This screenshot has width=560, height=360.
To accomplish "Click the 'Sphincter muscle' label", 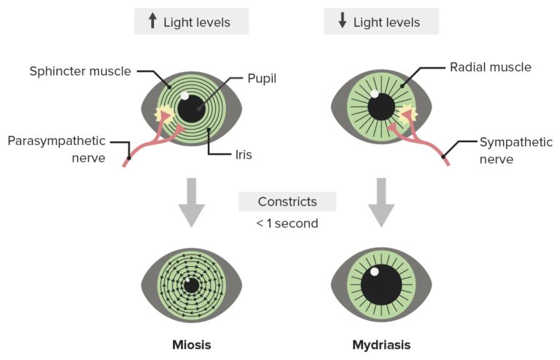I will (80, 71).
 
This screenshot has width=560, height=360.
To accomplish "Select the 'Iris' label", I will (244, 154).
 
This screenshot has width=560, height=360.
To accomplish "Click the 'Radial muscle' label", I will (490, 67).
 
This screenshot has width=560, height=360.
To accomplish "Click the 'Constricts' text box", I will (287, 201).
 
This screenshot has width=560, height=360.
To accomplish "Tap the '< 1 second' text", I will (287, 223).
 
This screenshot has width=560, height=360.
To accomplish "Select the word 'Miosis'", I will (191, 344).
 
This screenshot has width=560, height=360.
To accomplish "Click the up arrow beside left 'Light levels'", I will (152, 21).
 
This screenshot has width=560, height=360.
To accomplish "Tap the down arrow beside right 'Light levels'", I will (342, 21).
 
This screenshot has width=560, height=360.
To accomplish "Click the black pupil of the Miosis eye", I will (192, 286).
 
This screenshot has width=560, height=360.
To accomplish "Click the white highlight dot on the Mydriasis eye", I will (374, 272).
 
